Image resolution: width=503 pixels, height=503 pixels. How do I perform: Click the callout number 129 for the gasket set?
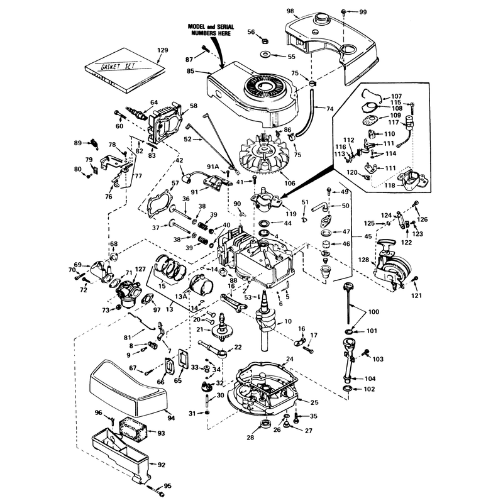click(x=163, y=50)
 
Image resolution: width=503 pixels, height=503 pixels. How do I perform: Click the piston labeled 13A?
click(x=201, y=286)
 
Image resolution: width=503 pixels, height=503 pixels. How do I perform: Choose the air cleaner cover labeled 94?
click(x=128, y=388)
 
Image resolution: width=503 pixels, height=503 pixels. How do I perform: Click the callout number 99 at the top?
click(x=363, y=12)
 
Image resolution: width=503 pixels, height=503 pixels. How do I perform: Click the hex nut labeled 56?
click(x=265, y=41)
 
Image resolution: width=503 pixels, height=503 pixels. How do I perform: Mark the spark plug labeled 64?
click(x=137, y=113)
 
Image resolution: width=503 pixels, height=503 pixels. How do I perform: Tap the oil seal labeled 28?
click(x=265, y=423)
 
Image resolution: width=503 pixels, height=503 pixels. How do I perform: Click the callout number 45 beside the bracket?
click(x=368, y=236)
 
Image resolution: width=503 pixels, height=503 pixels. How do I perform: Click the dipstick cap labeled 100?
click(x=346, y=285)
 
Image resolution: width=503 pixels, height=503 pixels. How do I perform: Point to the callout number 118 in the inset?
click(x=389, y=185)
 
